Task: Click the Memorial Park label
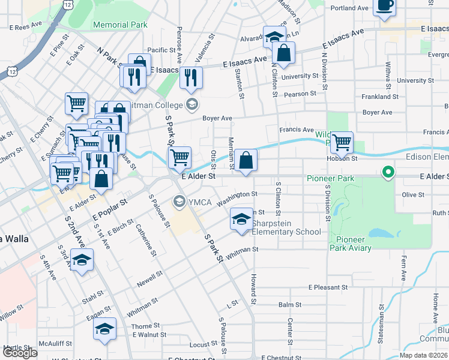point(121,25)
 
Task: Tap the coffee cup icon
point(384,7)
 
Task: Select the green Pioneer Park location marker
point(388,173)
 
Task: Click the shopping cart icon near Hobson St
point(342,143)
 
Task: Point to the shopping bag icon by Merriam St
point(246,160)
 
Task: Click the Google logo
point(20,353)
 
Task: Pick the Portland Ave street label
point(349,8)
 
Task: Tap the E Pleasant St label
point(328,287)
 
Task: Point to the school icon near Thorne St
point(104,329)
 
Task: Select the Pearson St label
point(301,94)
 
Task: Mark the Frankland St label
point(379,97)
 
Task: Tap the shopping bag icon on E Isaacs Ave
point(283,53)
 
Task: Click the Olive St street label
point(413,195)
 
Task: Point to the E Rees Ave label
point(26,28)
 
